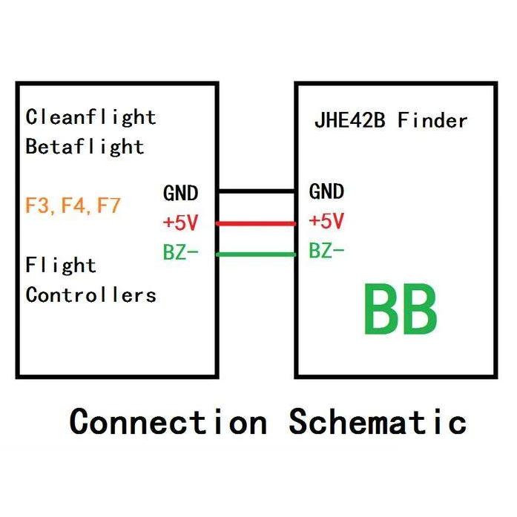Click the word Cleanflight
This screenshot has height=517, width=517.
point(90,117)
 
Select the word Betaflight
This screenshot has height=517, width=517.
point(85,146)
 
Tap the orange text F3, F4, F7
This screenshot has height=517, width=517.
point(73,205)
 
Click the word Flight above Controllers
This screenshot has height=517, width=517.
point(61,265)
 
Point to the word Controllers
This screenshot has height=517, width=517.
point(90,294)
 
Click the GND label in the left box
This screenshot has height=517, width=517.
point(181,194)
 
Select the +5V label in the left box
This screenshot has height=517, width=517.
point(181,222)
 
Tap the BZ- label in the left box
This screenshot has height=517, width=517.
point(181,252)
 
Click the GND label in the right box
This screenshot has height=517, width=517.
point(326,192)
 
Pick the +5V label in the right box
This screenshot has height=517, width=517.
point(326,221)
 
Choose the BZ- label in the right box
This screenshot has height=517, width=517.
point(326,251)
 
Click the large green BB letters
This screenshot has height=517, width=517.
point(399,312)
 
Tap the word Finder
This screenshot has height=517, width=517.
point(432,120)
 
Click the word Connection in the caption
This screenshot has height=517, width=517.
point(168,422)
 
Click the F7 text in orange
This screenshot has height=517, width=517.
point(109,205)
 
